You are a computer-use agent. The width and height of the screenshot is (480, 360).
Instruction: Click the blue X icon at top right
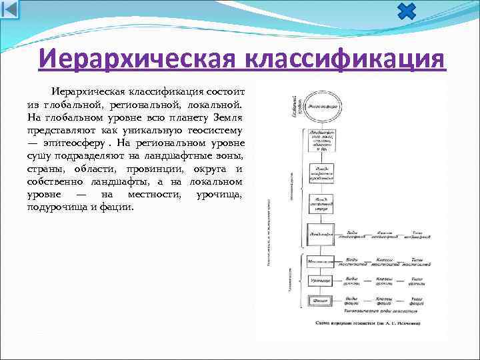coord(406,11)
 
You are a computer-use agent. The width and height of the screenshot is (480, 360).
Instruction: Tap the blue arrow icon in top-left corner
coord(10,9)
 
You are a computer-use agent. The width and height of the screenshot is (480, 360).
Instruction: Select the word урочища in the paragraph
coord(219,193)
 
